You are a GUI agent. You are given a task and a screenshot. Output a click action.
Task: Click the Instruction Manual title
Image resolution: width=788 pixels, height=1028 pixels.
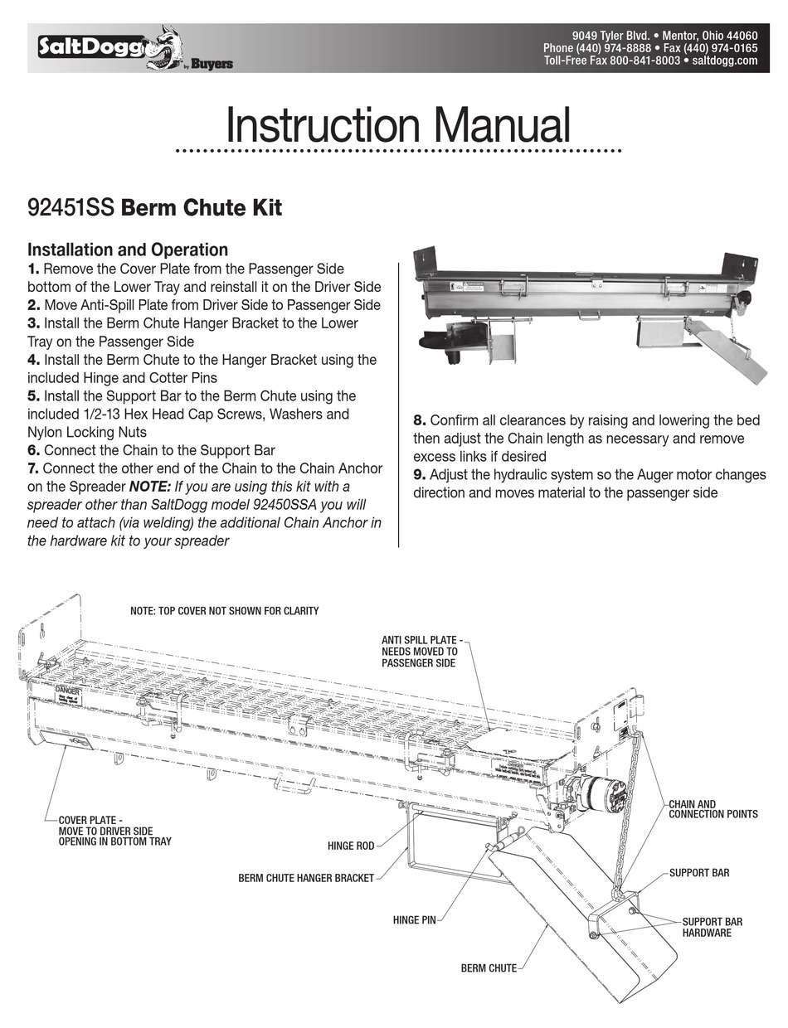click(x=398, y=126)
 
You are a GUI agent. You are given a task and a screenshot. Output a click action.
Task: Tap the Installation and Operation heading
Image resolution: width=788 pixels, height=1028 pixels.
click(x=128, y=250)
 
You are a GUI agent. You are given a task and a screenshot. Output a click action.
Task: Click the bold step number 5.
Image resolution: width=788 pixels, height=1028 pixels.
click(x=33, y=396)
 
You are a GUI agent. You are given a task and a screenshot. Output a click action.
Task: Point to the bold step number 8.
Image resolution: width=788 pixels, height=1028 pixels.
click(x=420, y=421)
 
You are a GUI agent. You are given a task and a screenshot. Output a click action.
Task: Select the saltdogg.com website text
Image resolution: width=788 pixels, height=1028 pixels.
click(x=724, y=61)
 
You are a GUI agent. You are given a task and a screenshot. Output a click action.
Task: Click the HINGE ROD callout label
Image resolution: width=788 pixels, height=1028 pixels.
click(x=351, y=846)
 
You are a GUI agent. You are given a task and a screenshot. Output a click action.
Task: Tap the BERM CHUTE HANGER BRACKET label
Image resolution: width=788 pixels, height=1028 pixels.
click(x=306, y=878)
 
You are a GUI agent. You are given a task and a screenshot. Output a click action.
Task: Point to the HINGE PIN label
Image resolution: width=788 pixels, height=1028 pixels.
click(x=414, y=920)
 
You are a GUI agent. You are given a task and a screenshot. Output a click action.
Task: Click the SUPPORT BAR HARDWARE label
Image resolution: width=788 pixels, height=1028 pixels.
click(x=712, y=927)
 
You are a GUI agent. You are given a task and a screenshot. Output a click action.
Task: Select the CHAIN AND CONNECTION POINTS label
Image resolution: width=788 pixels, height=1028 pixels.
click(x=713, y=809)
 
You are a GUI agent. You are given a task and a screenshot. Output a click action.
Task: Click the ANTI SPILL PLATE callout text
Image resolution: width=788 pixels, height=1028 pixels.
click(x=421, y=652)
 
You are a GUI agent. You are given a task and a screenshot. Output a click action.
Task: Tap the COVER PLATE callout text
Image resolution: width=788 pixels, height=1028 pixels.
click(x=114, y=831)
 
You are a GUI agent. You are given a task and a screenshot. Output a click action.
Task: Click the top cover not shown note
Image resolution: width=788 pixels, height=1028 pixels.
click(x=224, y=611)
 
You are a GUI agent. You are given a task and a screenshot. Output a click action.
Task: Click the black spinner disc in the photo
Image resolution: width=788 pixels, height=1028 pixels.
click(x=442, y=339)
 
